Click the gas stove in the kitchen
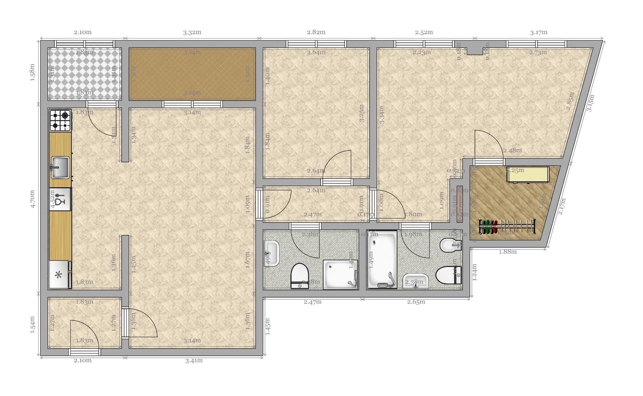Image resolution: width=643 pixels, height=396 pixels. click(60, 120)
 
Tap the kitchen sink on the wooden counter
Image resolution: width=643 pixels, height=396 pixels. click(60, 167)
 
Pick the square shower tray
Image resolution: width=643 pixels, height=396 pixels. click(340, 274)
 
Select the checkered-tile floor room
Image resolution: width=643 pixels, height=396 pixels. click(84, 73)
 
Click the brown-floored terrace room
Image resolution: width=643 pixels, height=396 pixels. click(192, 73)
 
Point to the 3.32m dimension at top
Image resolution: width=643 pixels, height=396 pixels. click(192, 32)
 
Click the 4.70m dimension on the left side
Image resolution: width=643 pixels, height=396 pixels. click(33, 199)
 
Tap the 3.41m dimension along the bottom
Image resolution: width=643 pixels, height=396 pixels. click(194, 361)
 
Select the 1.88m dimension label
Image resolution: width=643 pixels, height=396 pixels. click(508, 252)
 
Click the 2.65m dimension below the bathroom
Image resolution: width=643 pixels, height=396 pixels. click(416, 302)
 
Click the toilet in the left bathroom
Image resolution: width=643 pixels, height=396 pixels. click(299, 276)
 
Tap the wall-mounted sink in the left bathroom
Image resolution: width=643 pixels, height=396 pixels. click(272, 253)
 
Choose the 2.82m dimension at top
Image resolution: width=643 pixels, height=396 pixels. click(316, 32)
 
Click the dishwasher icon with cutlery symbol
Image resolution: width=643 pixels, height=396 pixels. click(60, 199)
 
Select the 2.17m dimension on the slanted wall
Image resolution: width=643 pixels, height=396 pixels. click(562, 206)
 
